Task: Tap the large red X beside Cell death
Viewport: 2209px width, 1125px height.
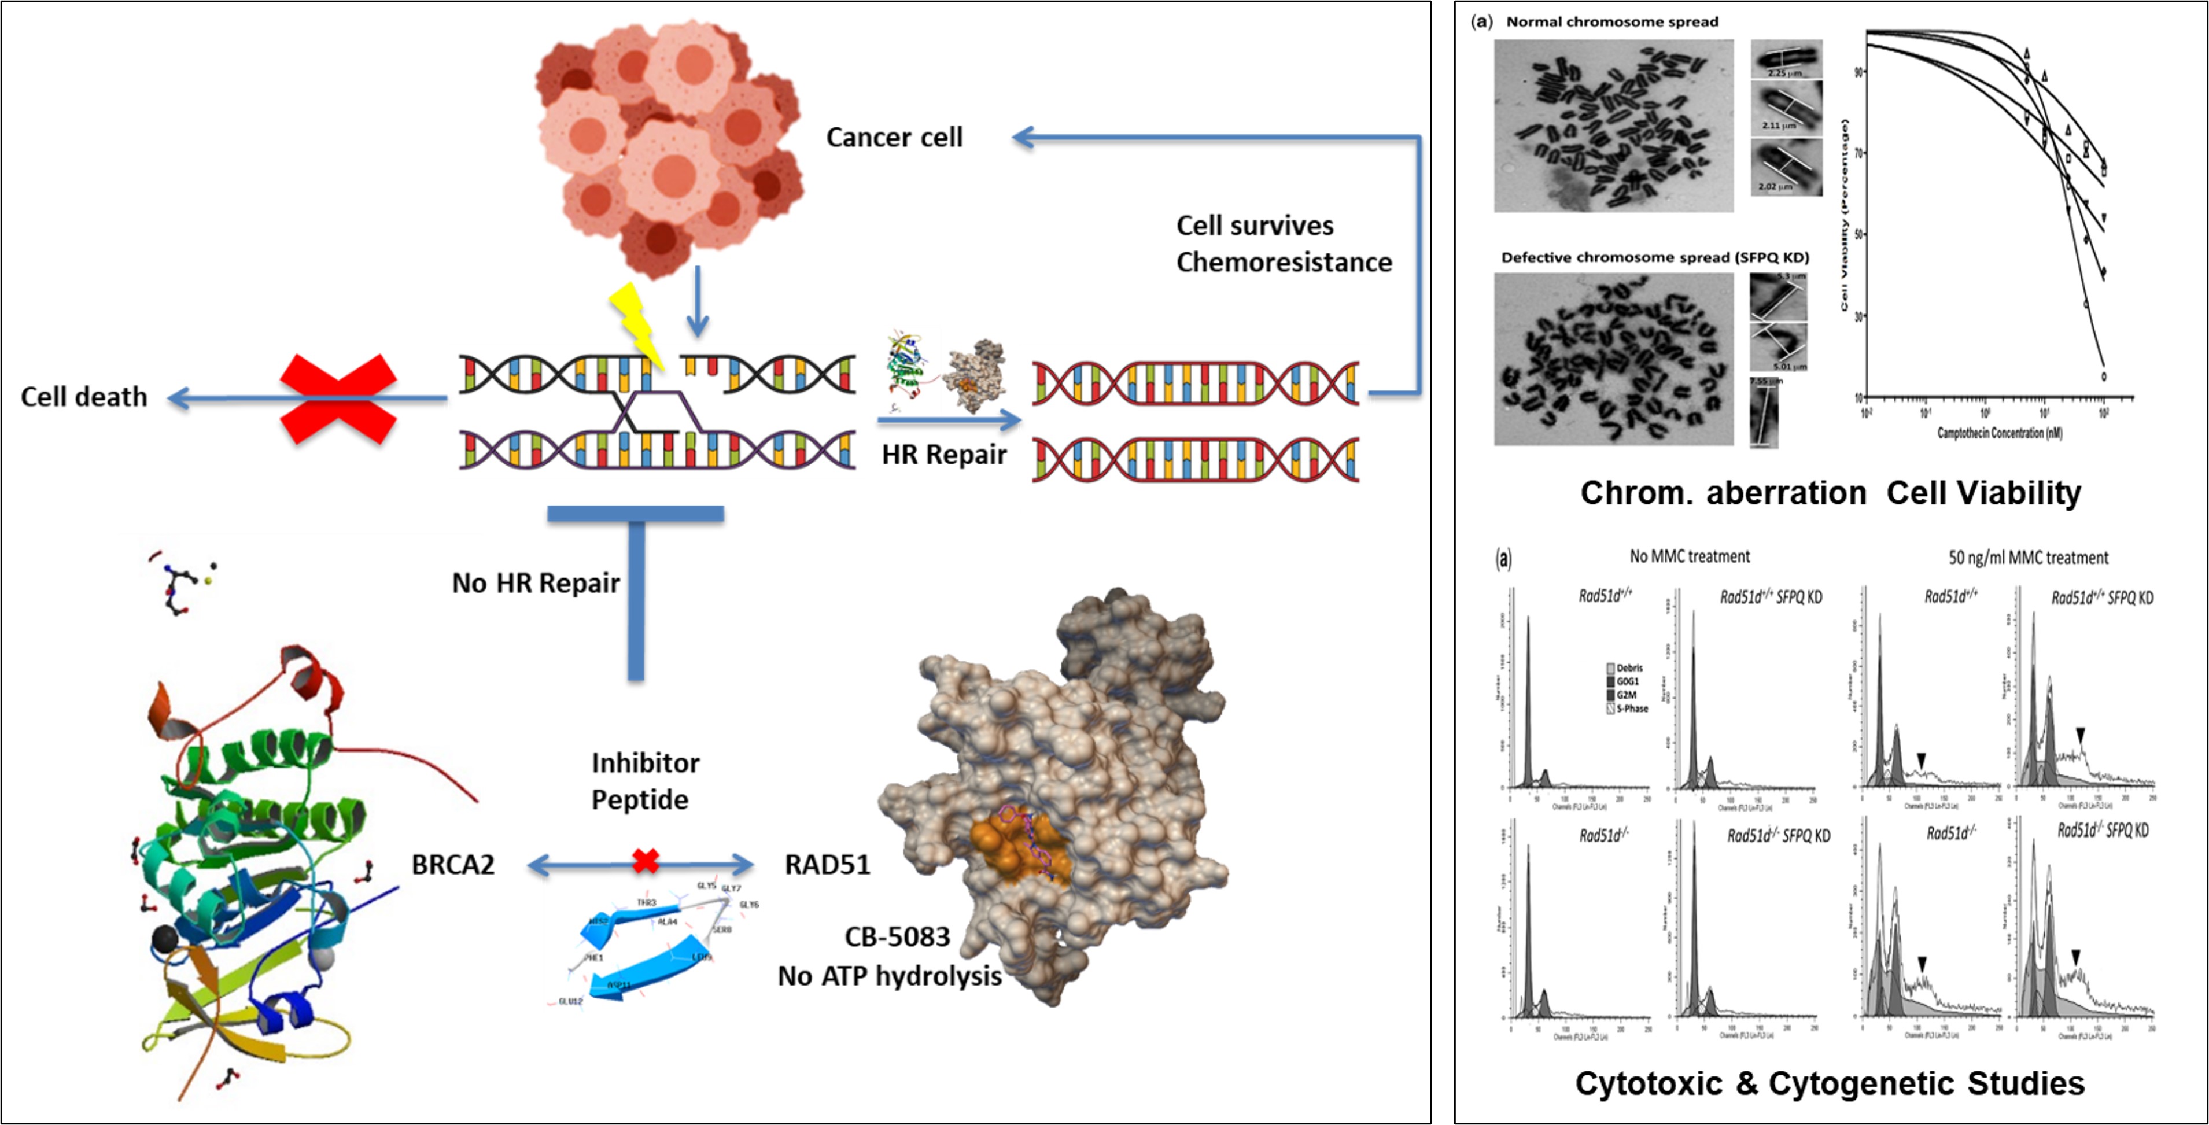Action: [339, 398]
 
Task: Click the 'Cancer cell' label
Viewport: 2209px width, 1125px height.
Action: [894, 137]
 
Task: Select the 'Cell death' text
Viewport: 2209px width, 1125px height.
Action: [84, 397]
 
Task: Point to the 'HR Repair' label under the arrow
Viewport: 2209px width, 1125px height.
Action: [943, 455]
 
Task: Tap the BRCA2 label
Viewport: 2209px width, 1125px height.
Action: [453, 864]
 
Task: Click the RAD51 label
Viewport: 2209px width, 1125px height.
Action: [827, 864]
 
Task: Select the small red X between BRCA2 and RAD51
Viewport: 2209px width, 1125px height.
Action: [645, 861]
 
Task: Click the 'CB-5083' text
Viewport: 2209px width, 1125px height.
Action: [897, 937]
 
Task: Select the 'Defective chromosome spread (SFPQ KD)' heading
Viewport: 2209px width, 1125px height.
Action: [1654, 257]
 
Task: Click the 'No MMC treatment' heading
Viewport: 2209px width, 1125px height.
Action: [1690, 556]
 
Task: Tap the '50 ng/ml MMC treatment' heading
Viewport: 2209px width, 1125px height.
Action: [2028, 558]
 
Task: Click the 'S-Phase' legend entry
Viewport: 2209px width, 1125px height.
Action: [1631, 709]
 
